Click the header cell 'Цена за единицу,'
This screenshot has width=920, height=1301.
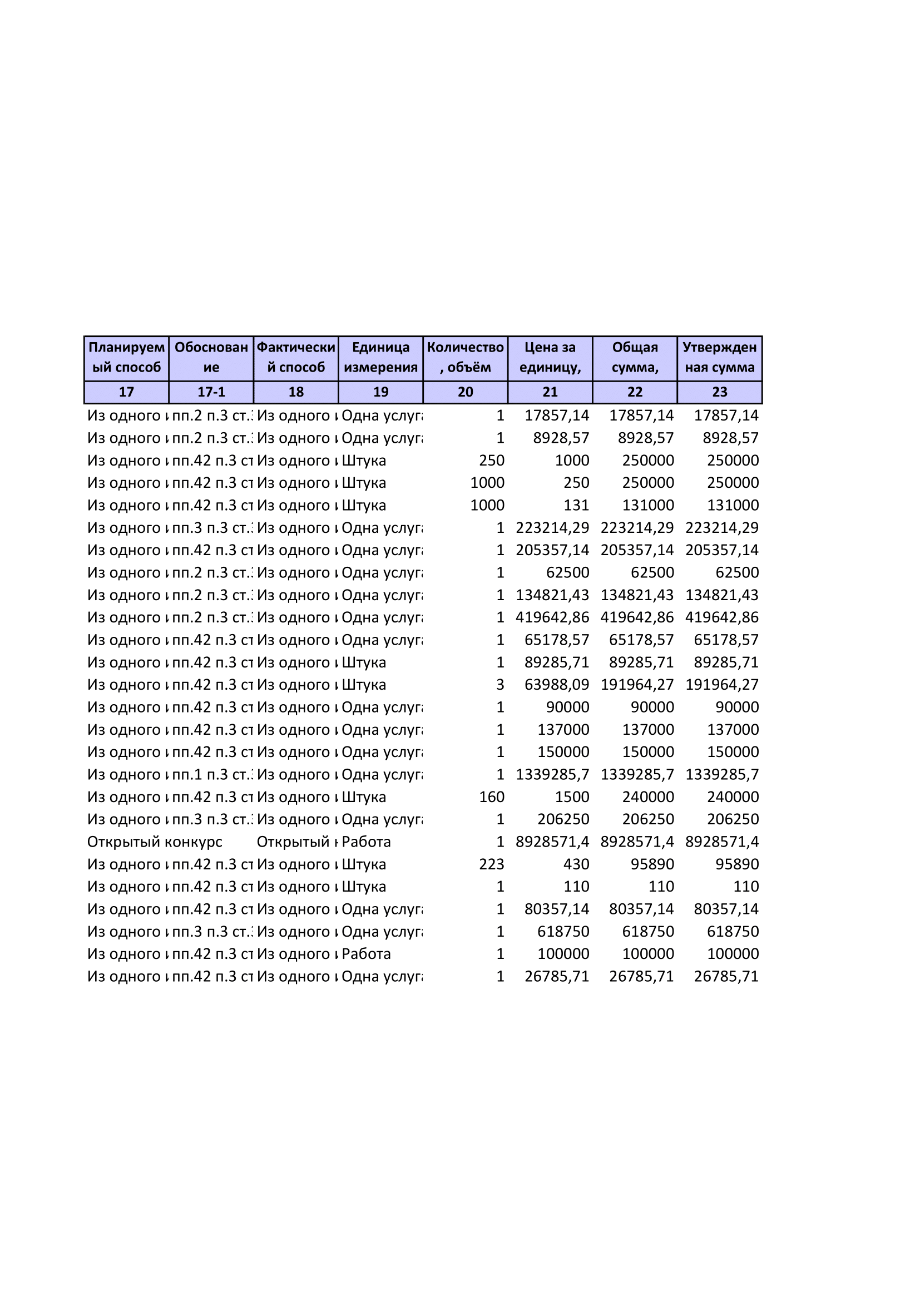[550, 358]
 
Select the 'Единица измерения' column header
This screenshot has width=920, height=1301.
[380, 358]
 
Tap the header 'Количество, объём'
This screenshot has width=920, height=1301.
[465, 358]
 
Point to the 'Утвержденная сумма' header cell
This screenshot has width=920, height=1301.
[719, 358]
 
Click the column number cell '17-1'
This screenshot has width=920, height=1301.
[211, 392]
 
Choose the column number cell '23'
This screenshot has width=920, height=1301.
[719, 392]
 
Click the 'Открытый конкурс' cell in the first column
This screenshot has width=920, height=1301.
[155, 842]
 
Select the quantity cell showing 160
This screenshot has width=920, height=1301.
[491, 797]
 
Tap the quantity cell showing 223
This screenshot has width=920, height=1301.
[491, 864]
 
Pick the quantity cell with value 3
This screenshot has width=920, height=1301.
[499, 685]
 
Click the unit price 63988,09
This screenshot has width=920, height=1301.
[556, 685]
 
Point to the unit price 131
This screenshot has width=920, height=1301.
[576, 506]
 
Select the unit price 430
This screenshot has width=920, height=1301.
[576, 864]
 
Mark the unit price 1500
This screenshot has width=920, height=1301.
[572, 797]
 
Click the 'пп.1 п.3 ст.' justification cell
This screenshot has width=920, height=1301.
[212, 775]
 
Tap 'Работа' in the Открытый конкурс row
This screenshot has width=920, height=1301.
[366, 842]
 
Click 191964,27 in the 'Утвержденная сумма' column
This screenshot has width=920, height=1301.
[722, 685]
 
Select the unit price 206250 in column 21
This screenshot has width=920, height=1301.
[563, 819]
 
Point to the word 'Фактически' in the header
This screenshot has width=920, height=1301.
[296, 347]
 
